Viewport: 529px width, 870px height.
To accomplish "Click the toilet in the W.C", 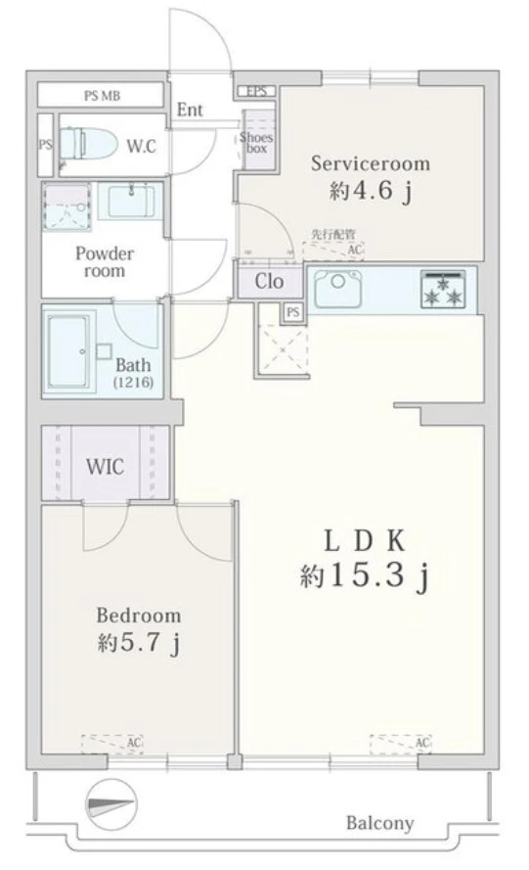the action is [88, 144].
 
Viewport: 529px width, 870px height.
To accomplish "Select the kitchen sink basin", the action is [337, 290].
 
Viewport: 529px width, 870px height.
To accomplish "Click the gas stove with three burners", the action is [443, 289].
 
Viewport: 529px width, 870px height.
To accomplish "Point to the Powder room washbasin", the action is [131, 202].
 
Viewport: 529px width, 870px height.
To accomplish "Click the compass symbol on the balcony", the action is [110, 805].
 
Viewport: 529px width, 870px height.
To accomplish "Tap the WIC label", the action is [105, 467].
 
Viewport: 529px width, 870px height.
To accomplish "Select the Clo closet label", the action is [270, 281].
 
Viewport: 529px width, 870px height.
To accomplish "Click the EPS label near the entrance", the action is [257, 91].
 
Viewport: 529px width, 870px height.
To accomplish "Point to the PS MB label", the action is [102, 96].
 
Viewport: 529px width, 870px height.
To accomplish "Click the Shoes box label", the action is [257, 143].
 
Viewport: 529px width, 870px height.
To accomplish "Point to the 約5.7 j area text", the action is [138, 644].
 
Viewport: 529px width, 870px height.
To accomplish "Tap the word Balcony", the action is [379, 823].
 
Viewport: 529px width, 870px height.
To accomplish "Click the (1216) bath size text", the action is [134, 383].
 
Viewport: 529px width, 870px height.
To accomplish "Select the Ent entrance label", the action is [190, 110].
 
